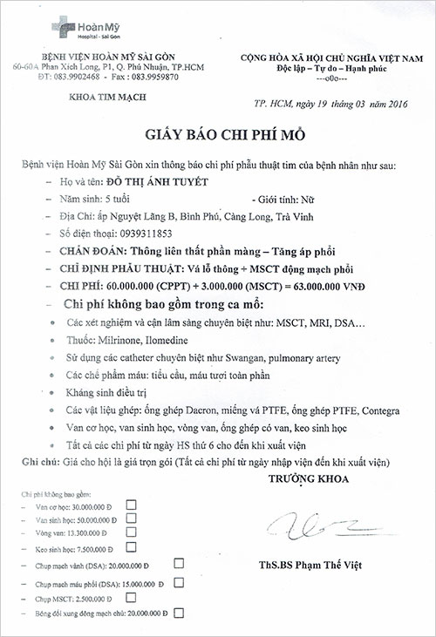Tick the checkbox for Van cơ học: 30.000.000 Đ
click(132, 505)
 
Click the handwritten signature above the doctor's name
click(305, 525)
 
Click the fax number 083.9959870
click(160, 76)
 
